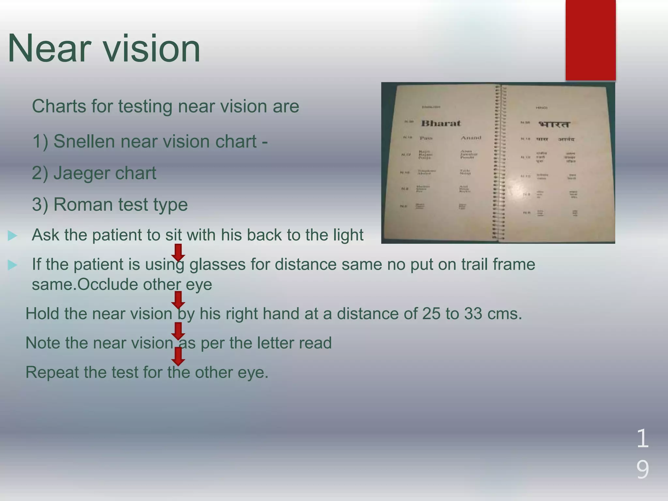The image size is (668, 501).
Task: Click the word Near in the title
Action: click(49, 49)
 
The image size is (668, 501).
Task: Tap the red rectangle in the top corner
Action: click(590, 40)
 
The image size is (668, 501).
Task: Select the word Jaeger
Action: click(82, 173)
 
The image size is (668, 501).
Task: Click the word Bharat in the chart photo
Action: click(440, 123)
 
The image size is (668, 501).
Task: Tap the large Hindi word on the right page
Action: click(554, 124)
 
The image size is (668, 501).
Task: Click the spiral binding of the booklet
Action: click(499, 163)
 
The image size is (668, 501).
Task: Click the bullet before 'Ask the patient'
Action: click(12, 235)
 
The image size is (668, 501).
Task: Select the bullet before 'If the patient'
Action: click(12, 265)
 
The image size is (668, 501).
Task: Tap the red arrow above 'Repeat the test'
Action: click(178, 356)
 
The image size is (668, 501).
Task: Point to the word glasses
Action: click(217, 265)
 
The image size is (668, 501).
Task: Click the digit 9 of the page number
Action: click(642, 470)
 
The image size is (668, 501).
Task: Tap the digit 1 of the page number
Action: click(642, 439)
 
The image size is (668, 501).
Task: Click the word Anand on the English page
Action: click(471, 138)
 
